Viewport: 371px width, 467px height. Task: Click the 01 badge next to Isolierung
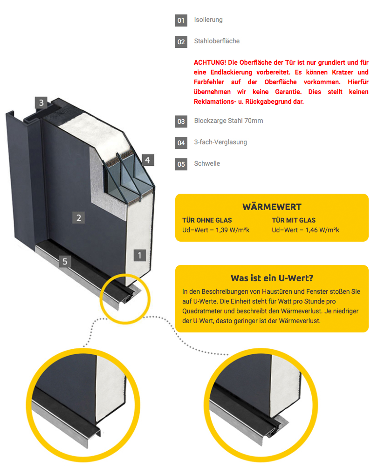(x=181, y=20)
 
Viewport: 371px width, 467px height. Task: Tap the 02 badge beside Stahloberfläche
(x=181, y=41)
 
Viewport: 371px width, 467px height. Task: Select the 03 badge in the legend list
(x=181, y=122)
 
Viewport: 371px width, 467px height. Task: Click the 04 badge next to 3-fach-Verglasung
(x=181, y=142)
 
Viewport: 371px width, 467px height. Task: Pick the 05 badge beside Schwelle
(x=181, y=164)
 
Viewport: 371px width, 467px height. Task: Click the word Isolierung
(x=208, y=20)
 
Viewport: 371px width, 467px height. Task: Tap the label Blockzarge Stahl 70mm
(x=228, y=121)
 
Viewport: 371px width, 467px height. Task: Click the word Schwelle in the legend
(x=207, y=163)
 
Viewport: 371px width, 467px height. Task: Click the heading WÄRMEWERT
(x=272, y=207)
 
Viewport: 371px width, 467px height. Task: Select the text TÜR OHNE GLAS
(x=206, y=220)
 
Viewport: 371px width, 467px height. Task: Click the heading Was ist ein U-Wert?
(x=272, y=278)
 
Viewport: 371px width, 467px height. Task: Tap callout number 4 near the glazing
(x=147, y=160)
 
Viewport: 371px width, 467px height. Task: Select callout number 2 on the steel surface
(x=79, y=217)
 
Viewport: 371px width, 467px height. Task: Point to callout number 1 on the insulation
(x=140, y=255)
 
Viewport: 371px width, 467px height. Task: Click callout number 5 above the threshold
(x=65, y=261)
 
